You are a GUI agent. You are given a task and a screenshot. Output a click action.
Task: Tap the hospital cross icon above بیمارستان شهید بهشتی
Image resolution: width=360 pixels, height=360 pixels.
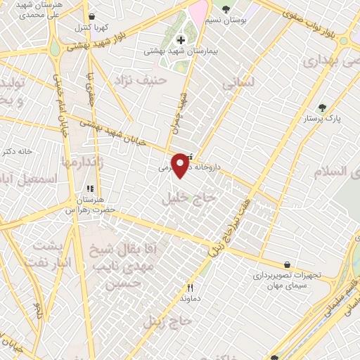click(x=181, y=39)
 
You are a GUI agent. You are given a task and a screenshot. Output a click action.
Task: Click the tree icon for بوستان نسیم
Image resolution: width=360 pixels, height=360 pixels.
click(x=226, y=9)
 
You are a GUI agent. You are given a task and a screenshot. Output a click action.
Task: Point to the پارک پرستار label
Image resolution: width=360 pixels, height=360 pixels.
click(x=323, y=120)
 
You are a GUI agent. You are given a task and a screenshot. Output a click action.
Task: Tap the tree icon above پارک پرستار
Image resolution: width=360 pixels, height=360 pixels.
click(x=323, y=108)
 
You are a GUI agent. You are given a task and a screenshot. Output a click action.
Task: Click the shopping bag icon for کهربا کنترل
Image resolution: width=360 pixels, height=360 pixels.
click(x=91, y=16)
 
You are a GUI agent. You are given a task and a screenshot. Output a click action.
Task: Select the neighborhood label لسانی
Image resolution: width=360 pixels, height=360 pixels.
click(x=238, y=84)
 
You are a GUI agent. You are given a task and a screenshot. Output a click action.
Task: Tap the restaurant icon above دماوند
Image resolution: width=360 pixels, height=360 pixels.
click(x=190, y=288)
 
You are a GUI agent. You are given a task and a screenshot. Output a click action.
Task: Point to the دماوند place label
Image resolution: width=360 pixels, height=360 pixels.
click(x=191, y=299)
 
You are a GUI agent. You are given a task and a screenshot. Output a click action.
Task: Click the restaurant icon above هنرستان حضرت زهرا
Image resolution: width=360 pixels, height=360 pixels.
click(x=89, y=189)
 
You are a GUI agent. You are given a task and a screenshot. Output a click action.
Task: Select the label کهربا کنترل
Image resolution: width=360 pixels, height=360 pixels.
click(x=91, y=28)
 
